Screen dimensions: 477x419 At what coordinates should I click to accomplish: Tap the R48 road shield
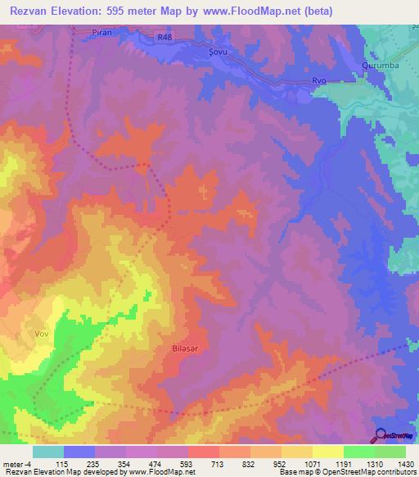(166, 37)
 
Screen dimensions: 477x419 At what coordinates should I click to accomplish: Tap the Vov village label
(42, 334)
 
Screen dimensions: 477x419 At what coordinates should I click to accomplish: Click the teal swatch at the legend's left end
(47, 452)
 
